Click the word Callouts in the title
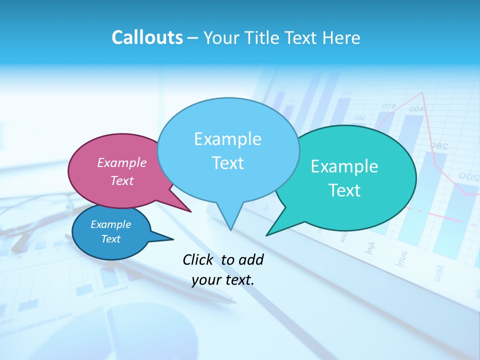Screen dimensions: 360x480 147,37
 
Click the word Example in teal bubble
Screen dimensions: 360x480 344,166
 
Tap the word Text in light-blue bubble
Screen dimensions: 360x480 228,163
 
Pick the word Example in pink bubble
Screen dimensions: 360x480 122,162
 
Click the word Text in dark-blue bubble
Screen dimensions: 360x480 111,239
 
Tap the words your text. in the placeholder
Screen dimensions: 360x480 223,280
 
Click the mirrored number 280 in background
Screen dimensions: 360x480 438,146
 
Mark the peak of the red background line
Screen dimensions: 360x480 423,93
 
